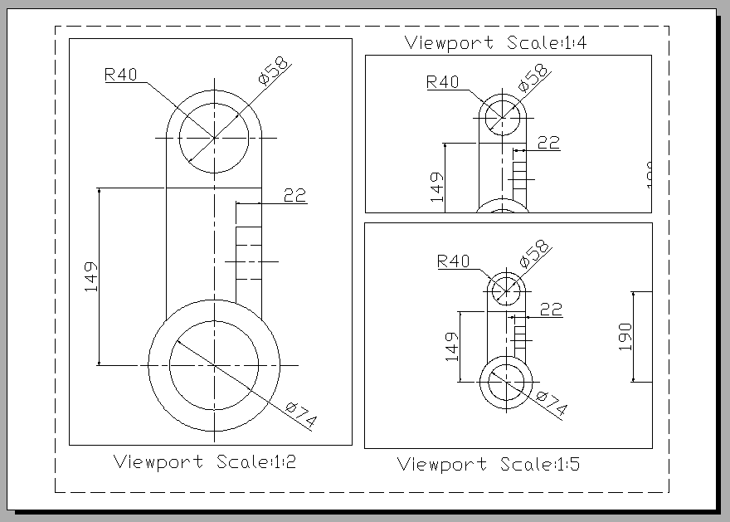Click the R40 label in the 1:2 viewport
(x=120, y=74)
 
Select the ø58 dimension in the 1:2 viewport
(x=274, y=72)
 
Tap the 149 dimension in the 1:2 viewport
(x=90, y=276)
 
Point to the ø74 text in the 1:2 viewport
(x=301, y=414)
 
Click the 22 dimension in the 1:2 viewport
(x=294, y=195)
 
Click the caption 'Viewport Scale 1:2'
(x=204, y=461)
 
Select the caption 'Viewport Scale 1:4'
(x=496, y=42)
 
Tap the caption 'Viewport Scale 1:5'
(x=489, y=464)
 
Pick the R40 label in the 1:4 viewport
(x=442, y=81)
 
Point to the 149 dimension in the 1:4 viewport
(x=437, y=187)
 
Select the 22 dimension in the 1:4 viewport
(x=548, y=142)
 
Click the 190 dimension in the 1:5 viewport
(x=625, y=337)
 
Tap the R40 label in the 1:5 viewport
(x=453, y=261)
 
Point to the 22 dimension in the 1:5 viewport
(x=551, y=309)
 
